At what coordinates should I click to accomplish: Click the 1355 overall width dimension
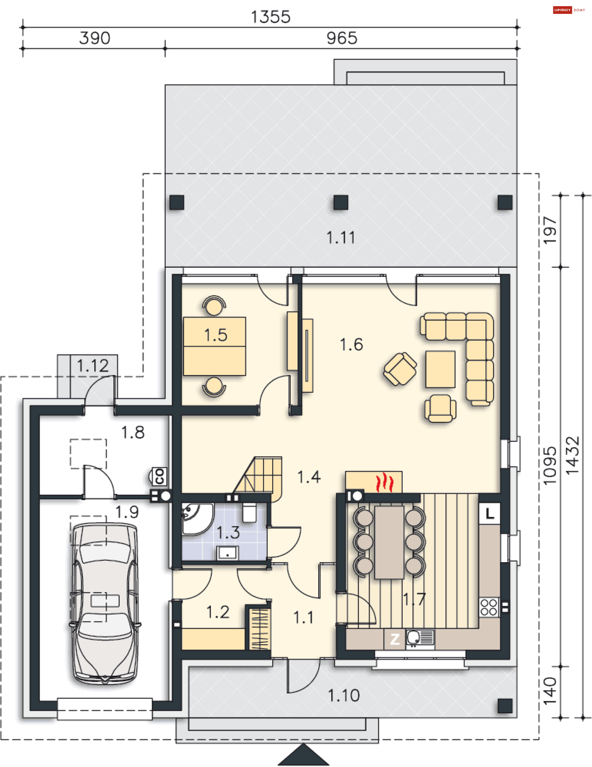271,17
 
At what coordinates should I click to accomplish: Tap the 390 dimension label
95,38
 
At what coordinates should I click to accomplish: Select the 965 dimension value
342,38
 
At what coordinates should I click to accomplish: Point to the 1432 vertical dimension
572,456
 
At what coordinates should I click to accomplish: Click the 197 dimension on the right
550,230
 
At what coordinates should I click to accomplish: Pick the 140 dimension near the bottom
550,691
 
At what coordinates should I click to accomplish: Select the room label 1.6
351,344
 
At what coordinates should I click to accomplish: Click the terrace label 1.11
341,238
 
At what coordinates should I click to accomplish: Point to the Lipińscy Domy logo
569,10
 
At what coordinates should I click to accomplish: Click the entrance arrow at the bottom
304,755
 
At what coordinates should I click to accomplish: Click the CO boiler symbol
160,476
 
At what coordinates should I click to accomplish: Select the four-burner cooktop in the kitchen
489,607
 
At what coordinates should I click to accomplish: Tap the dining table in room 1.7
389,542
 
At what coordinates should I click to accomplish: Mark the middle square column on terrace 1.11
341,202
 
